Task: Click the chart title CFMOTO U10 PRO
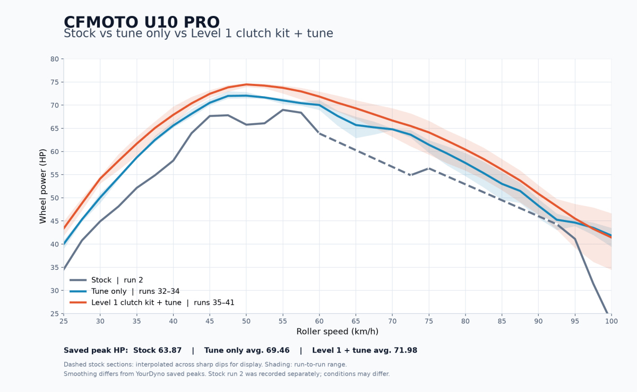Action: pos(142,22)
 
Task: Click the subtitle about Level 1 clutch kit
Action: pos(198,33)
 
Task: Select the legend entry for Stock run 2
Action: pos(106,280)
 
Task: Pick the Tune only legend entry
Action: pos(125,291)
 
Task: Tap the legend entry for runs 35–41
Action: pos(152,303)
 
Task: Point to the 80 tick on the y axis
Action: pos(55,59)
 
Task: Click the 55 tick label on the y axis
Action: pos(55,175)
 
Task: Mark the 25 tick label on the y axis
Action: pos(55,314)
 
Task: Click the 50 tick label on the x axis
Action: pos(246,321)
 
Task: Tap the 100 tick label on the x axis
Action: pos(612,321)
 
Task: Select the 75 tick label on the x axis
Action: pos(429,321)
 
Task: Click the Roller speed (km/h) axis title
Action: pos(337,331)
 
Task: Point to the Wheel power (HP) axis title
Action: pos(42,186)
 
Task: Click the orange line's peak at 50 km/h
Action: pos(246,84)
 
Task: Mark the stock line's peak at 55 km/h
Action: pos(282,110)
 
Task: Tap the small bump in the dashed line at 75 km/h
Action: pos(429,169)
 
